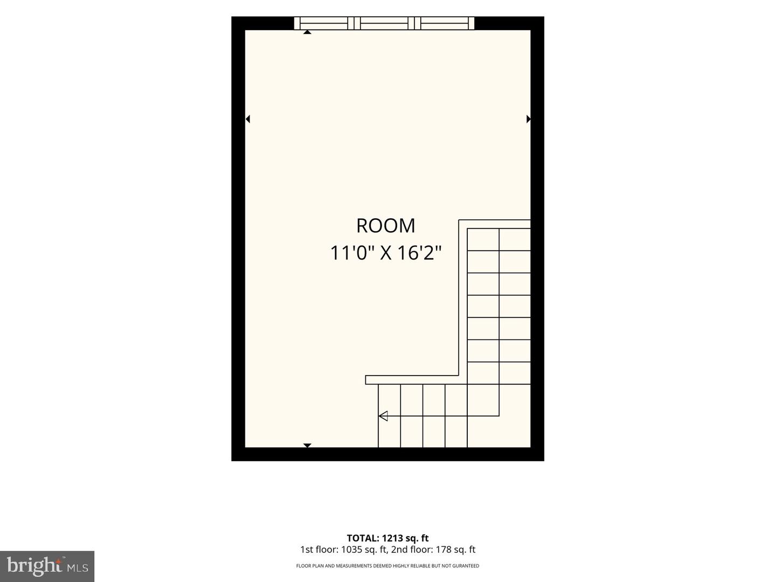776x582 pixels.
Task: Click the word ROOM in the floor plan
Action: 385,226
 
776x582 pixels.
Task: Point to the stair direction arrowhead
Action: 383,416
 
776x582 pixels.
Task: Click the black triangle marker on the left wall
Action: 248,119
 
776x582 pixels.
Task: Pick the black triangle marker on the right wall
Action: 529,119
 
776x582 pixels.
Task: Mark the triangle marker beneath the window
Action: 307,32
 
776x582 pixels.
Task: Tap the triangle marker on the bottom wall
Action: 307,445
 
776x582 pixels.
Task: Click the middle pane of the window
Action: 384,23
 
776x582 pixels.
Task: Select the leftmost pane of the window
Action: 324,23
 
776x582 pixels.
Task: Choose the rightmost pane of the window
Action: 445,23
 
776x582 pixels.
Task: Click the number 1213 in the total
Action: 392,538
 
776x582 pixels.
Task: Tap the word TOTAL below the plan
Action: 362,538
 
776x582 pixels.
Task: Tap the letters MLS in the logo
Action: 78,568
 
